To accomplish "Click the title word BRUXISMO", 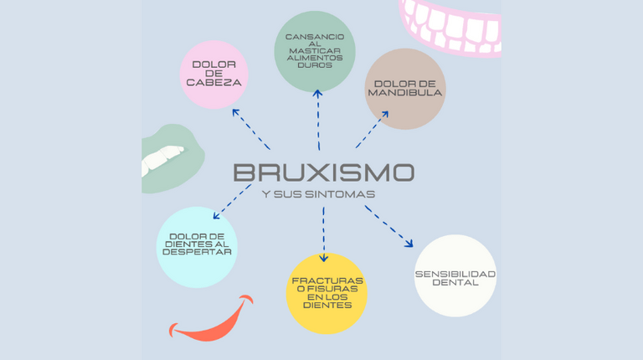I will point(323,172).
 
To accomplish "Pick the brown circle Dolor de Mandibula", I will point(405,89).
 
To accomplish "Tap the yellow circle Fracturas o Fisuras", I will point(327,293).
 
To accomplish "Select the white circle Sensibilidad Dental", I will point(455,276).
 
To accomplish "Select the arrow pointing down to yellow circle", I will point(324,236).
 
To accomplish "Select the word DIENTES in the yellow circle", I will point(327,306).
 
